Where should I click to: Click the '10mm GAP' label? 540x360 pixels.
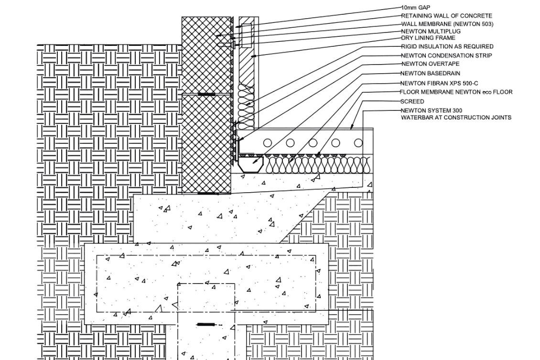pos(416,8)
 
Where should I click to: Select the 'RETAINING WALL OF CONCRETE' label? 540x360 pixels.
pos(446,16)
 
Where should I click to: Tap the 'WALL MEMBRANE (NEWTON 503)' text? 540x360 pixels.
pos(447,24)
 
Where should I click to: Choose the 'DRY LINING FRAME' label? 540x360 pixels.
pos(428,38)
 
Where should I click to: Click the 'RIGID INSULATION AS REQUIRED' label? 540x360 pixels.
pos(447,46)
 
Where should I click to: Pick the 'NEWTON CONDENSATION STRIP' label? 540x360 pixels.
pos(446,55)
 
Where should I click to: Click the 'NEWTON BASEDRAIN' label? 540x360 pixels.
pos(431,74)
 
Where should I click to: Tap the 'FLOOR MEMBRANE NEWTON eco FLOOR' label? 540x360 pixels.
pos(456,92)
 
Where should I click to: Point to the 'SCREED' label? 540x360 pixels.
pos(412,101)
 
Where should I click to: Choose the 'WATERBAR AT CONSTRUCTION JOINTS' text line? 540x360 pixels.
pos(456,118)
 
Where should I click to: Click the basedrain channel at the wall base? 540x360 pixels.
pos(251,165)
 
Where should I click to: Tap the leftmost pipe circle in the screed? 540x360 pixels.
pos(268,143)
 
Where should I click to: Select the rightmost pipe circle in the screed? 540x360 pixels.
pos(358,143)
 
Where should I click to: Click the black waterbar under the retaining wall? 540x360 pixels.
pos(208,194)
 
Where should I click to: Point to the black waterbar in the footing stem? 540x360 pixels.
pos(206,325)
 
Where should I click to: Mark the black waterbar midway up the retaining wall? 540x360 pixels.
pos(206,94)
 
